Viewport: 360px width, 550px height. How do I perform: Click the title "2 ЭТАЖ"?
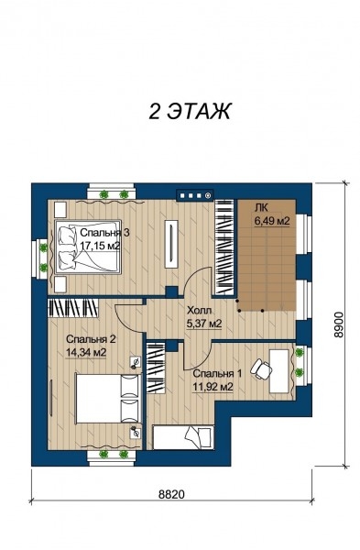(190, 112)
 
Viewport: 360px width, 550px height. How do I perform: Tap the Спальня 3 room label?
(105, 233)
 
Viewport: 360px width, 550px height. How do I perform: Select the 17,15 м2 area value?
(100, 246)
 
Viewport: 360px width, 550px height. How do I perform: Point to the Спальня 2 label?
(91, 339)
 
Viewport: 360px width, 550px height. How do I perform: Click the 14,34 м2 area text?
(86, 352)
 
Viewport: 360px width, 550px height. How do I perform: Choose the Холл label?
(199, 311)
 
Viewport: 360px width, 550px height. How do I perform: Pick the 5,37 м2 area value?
(204, 324)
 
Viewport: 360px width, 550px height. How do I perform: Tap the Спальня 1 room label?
(217, 373)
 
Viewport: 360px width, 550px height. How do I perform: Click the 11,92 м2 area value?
(213, 387)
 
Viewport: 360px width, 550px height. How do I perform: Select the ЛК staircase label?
(261, 208)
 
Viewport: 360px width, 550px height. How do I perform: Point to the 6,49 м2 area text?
(272, 221)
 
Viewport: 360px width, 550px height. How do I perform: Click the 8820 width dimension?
(171, 494)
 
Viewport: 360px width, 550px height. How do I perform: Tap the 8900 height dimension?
(338, 324)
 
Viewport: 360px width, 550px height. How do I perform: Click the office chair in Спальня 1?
(261, 368)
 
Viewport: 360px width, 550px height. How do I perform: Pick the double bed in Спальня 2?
(108, 398)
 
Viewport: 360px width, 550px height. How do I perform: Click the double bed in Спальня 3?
(87, 247)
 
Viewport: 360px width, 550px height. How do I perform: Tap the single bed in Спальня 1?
(183, 437)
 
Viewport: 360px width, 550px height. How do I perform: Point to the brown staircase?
(267, 255)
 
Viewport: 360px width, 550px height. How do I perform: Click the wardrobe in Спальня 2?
(73, 308)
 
